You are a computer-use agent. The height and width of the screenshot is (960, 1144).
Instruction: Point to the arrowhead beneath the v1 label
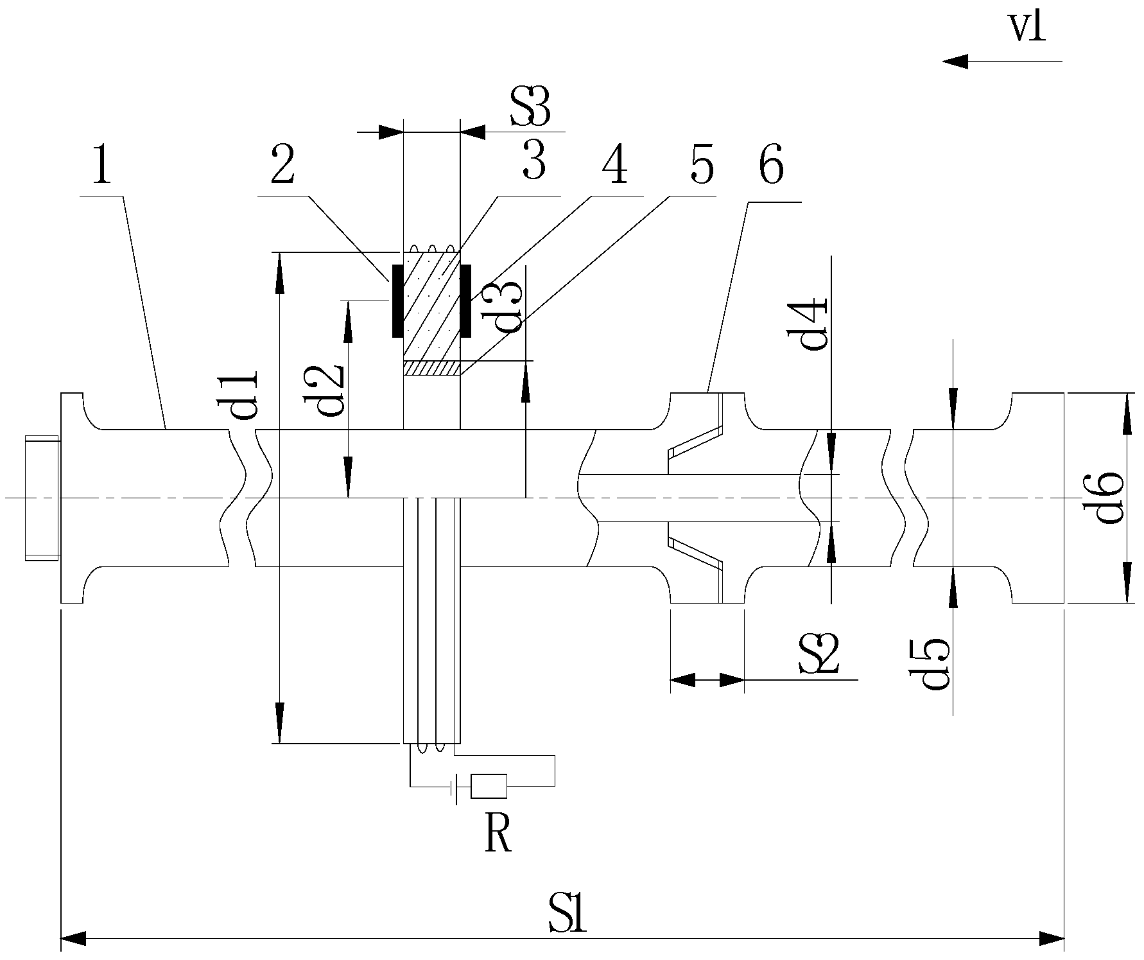pos(955,62)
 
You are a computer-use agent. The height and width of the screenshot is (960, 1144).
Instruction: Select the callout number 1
pos(101,166)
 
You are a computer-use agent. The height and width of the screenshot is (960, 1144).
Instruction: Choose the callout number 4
pos(614,166)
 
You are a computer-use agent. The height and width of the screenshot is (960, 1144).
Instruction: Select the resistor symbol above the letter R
pos(489,785)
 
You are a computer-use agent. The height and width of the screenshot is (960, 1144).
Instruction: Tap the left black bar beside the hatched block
pos(397,301)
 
